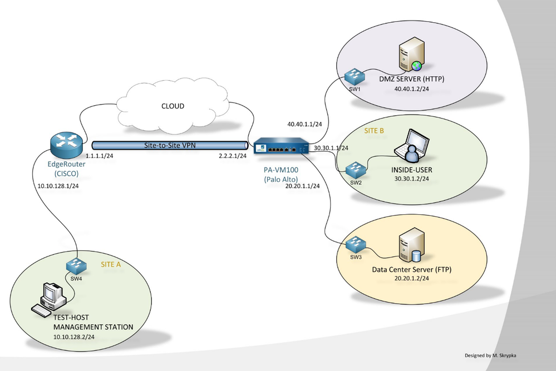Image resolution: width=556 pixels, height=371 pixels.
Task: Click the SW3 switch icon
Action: (355, 243)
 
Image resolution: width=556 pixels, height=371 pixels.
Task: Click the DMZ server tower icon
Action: (410, 58)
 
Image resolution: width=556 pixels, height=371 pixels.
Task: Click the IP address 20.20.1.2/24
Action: (411, 279)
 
